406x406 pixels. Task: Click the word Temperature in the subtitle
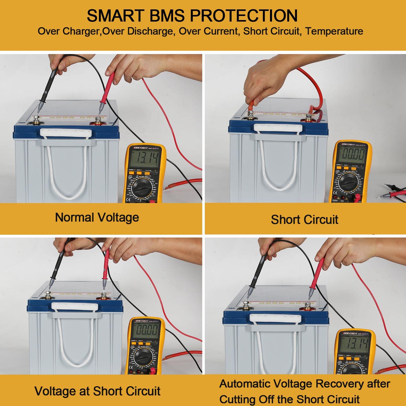(334, 31)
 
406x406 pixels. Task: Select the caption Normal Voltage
(97, 217)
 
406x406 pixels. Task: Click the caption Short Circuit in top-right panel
(304, 219)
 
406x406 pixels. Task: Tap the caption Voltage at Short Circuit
(97, 391)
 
